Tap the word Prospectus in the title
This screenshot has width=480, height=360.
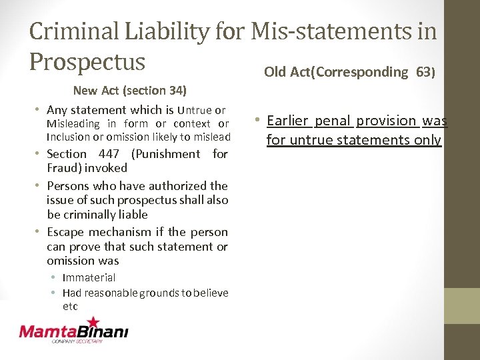point(87,62)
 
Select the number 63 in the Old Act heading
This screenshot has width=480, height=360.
point(425,72)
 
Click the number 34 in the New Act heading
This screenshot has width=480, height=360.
point(175,90)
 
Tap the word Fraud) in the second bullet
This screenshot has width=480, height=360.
point(63,168)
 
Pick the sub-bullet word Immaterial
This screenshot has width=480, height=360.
point(89,277)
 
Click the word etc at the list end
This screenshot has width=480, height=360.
point(70,307)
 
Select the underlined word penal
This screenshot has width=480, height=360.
point(332,121)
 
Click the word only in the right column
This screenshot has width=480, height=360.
point(427,140)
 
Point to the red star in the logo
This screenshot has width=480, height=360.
point(93,323)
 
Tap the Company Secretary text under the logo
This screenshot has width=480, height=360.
point(77,341)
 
